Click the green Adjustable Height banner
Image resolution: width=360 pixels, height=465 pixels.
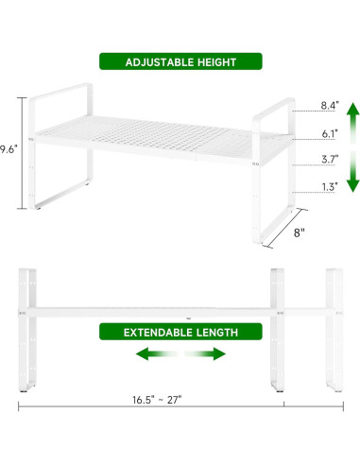[x=180, y=62]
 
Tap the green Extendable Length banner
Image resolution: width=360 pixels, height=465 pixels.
[x=180, y=332]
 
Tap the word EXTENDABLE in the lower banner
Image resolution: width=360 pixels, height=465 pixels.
[x=154, y=332]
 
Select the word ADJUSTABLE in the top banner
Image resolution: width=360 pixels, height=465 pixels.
[x=153, y=62]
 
